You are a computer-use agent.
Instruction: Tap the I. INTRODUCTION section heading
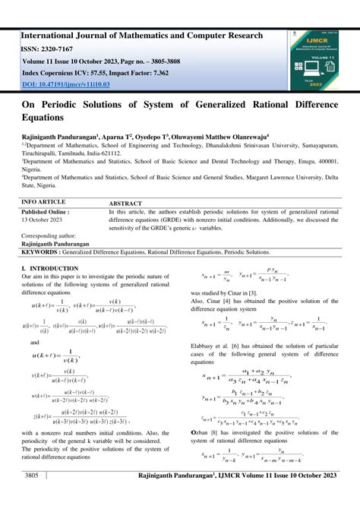[50, 268]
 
